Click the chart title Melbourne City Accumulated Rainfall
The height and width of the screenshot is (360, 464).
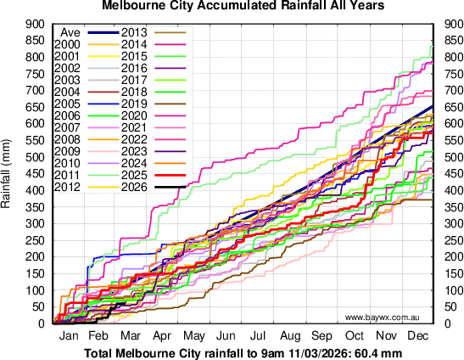tap(231, 6)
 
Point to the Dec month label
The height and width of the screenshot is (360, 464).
tap(417, 336)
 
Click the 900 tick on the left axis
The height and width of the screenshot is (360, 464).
tap(36, 23)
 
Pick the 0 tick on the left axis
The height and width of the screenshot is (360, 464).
tap(42, 323)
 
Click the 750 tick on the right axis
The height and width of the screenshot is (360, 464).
tap(449, 73)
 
